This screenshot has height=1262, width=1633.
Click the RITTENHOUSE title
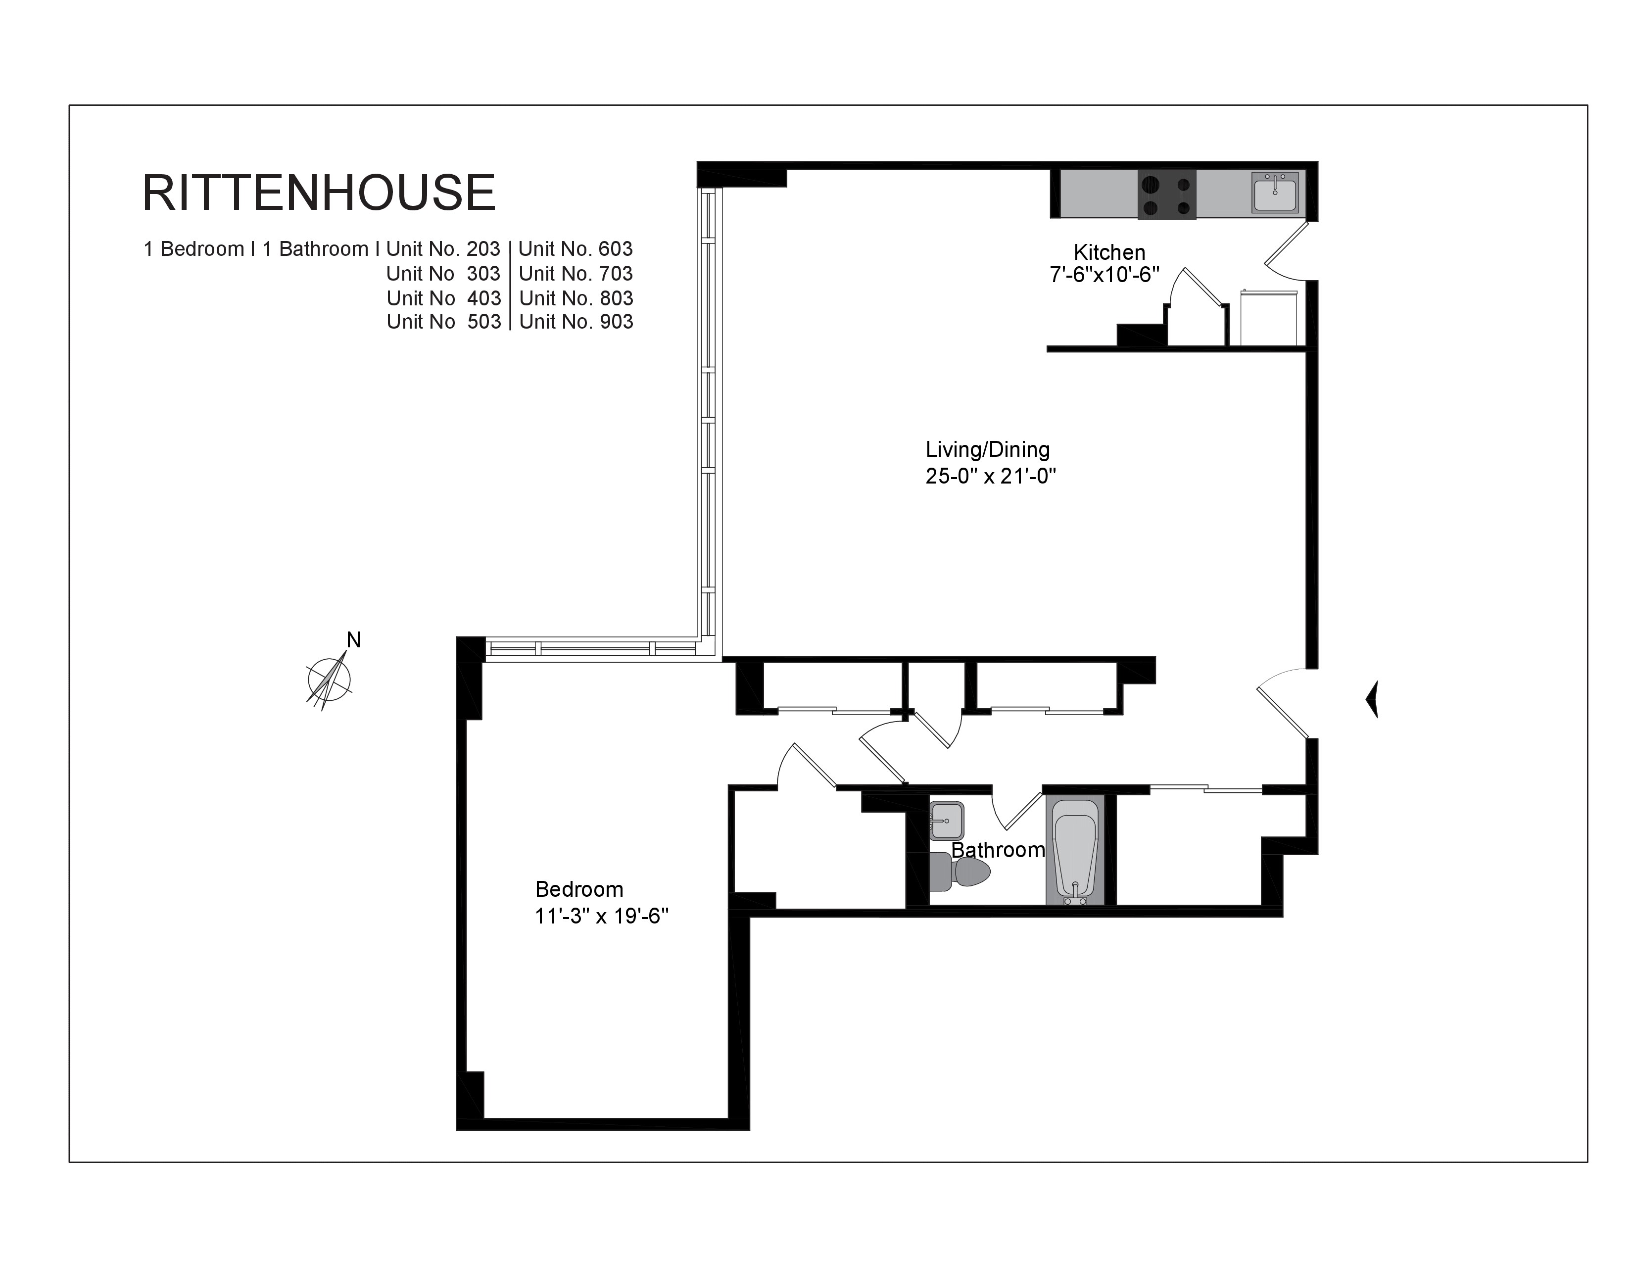[319, 193]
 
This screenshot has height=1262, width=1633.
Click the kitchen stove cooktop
[1166, 194]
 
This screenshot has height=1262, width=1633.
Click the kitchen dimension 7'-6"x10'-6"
[1105, 276]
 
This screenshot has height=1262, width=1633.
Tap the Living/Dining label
[988, 449]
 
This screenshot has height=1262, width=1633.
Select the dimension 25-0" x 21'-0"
[991, 476]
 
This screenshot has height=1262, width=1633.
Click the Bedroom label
[579, 889]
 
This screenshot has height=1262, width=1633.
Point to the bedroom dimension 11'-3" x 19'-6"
[602, 916]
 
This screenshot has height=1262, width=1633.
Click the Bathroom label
[998, 850]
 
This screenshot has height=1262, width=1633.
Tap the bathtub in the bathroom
[1075, 852]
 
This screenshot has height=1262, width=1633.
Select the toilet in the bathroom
[960, 871]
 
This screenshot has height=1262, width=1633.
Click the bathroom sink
[947, 820]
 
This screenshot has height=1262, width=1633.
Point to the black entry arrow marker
[1372, 700]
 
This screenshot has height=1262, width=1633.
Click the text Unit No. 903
[576, 322]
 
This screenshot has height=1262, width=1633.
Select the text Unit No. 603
[576, 249]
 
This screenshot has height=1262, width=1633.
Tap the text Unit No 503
[443, 322]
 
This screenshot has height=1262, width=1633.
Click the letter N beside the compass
[354, 640]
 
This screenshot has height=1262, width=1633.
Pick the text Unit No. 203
[443, 249]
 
